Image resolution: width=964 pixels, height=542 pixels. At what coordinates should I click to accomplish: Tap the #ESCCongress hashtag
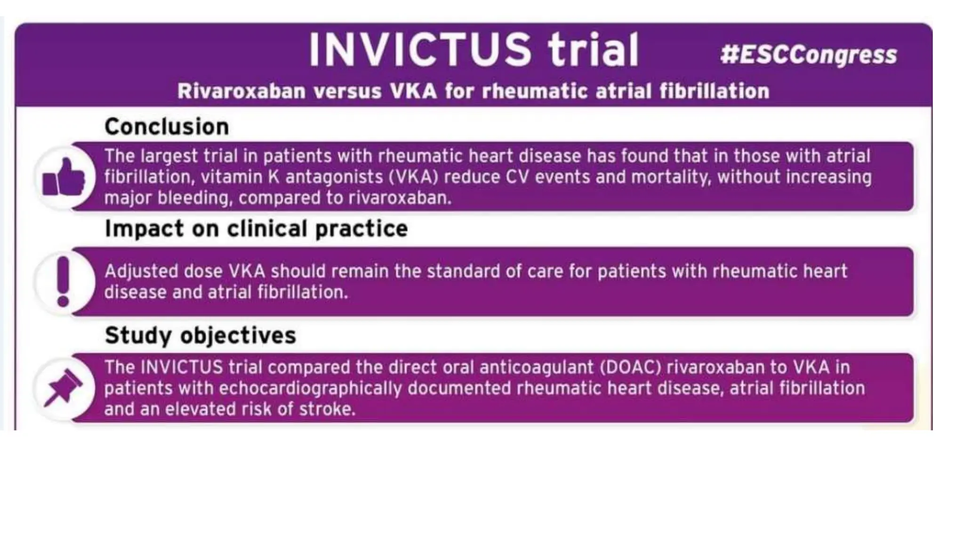(x=808, y=55)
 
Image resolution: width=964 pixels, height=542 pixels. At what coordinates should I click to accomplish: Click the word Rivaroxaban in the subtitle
(x=241, y=91)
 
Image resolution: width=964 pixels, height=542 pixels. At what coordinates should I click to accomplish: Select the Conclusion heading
(x=167, y=127)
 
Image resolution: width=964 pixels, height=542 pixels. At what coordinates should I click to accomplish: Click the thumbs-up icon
(x=64, y=178)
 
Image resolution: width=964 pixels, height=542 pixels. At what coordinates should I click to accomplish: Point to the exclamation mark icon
(x=63, y=281)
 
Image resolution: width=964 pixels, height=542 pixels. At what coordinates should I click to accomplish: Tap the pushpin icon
(x=63, y=388)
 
